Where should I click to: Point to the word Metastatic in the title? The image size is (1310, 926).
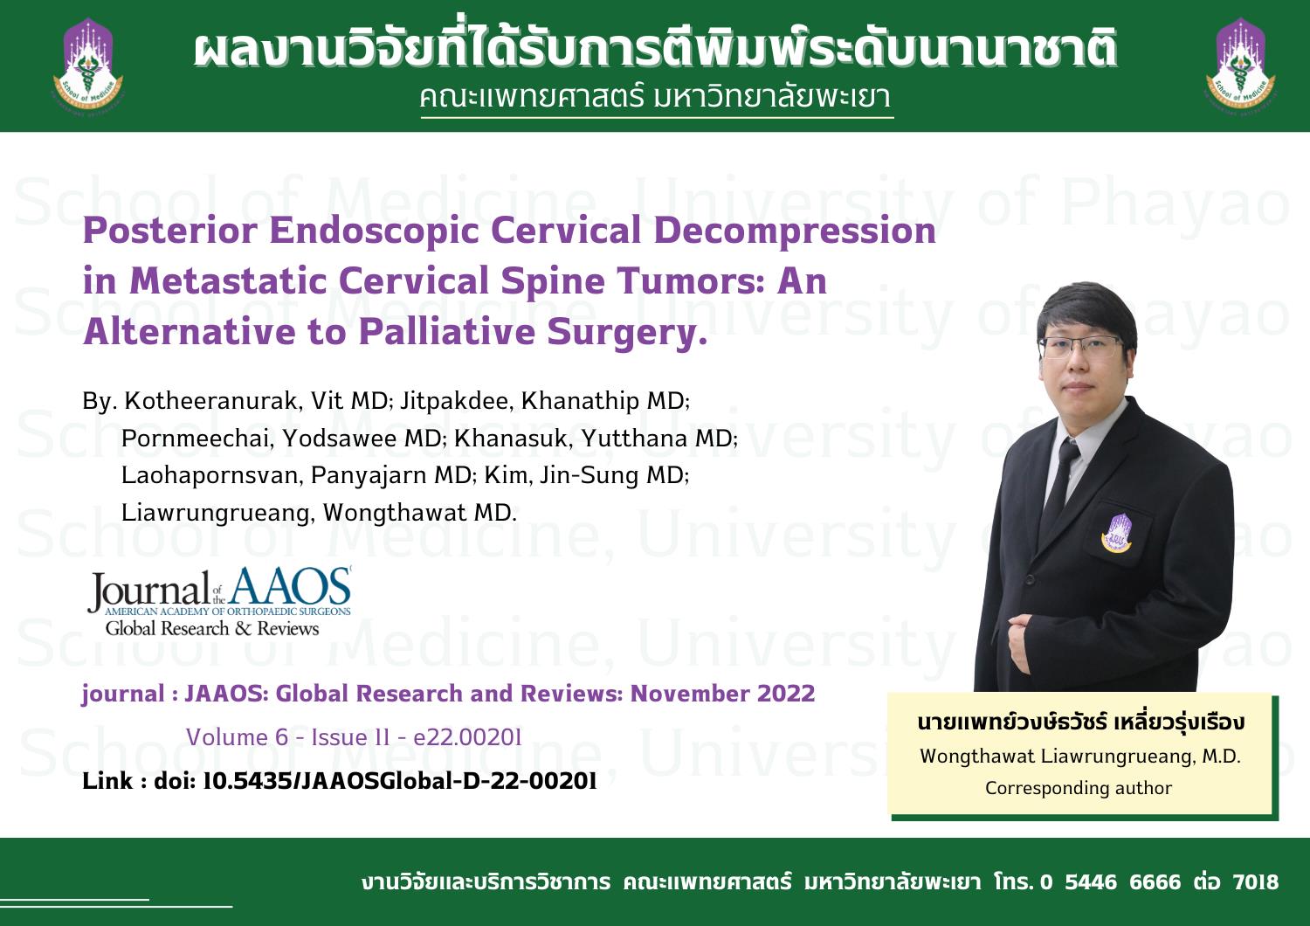228,281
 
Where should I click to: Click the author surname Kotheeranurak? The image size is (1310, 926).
212,402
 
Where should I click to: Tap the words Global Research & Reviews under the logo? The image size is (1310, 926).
211,629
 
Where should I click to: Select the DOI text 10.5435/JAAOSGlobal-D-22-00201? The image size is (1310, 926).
399,782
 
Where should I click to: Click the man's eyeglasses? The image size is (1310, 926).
1081,348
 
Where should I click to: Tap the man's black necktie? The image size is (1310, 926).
1058,488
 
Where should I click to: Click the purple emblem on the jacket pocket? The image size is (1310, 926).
1116,533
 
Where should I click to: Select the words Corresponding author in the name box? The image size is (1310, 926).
1079,788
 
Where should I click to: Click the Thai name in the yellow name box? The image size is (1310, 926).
1081,723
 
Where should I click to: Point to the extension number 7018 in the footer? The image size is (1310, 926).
1255,881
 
